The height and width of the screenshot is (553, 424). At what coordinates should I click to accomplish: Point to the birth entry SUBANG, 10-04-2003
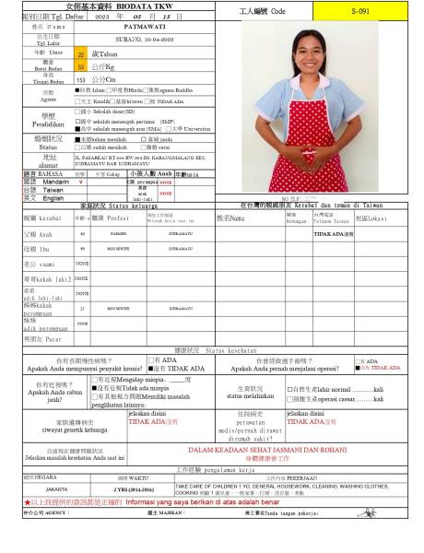(x=141, y=42)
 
